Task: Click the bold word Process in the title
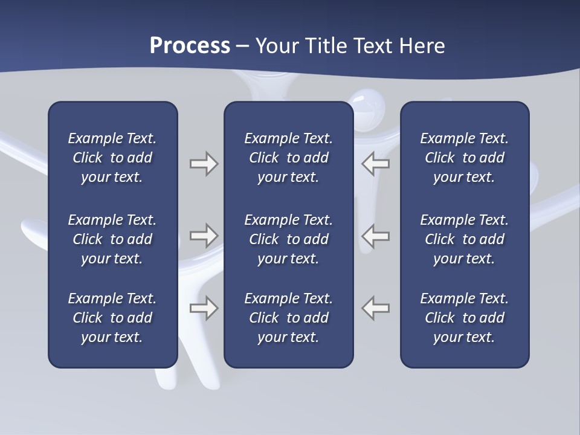190,46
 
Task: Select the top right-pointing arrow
204,164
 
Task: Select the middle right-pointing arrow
204,236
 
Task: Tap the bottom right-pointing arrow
204,308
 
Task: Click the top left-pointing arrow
375,164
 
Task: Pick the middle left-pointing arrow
375,236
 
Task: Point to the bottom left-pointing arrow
375,308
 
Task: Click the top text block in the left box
112,158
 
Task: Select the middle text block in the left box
112,239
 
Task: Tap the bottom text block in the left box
112,318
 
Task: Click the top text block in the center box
288,158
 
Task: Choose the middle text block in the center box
288,239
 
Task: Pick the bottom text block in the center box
288,318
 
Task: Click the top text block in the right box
464,158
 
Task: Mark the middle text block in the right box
464,239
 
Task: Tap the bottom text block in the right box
464,318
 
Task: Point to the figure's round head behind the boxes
368,109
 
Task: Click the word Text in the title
374,46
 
